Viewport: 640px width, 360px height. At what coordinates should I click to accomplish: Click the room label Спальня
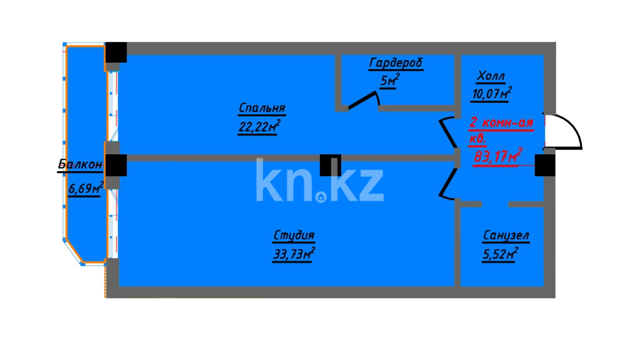[262, 108]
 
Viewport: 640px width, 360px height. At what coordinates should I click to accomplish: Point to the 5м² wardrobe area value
[389, 81]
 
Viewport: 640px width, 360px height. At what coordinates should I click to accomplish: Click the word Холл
[491, 77]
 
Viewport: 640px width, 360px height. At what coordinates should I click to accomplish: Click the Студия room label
[294, 235]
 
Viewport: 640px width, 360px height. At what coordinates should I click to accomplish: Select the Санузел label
[506, 236]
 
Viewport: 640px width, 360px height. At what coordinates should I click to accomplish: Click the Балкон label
[81, 165]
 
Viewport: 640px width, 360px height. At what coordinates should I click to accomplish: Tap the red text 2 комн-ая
[501, 123]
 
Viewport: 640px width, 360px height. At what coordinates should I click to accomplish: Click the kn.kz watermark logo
[320, 180]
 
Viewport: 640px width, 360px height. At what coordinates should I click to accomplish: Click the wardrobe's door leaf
[362, 101]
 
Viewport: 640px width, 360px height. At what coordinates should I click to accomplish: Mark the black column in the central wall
[330, 165]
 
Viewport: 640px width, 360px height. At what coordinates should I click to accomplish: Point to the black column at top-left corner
[116, 53]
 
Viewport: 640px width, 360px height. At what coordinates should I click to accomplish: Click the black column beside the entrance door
[545, 165]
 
